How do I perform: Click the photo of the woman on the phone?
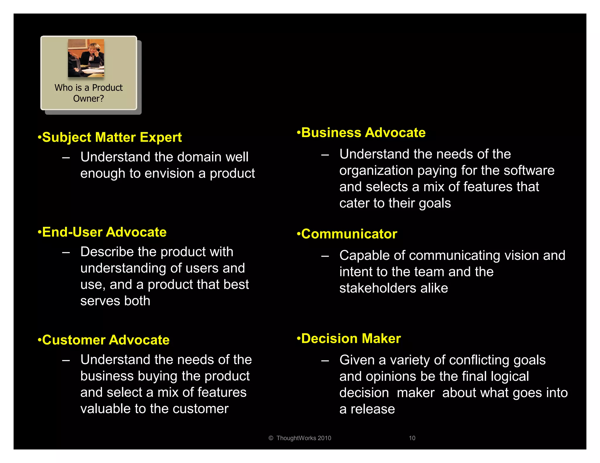click(x=86, y=58)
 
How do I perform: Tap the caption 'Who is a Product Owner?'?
click(x=88, y=93)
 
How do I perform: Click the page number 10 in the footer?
click(x=412, y=438)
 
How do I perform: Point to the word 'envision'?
click(x=170, y=173)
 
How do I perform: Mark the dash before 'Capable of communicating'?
click(x=325, y=256)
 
